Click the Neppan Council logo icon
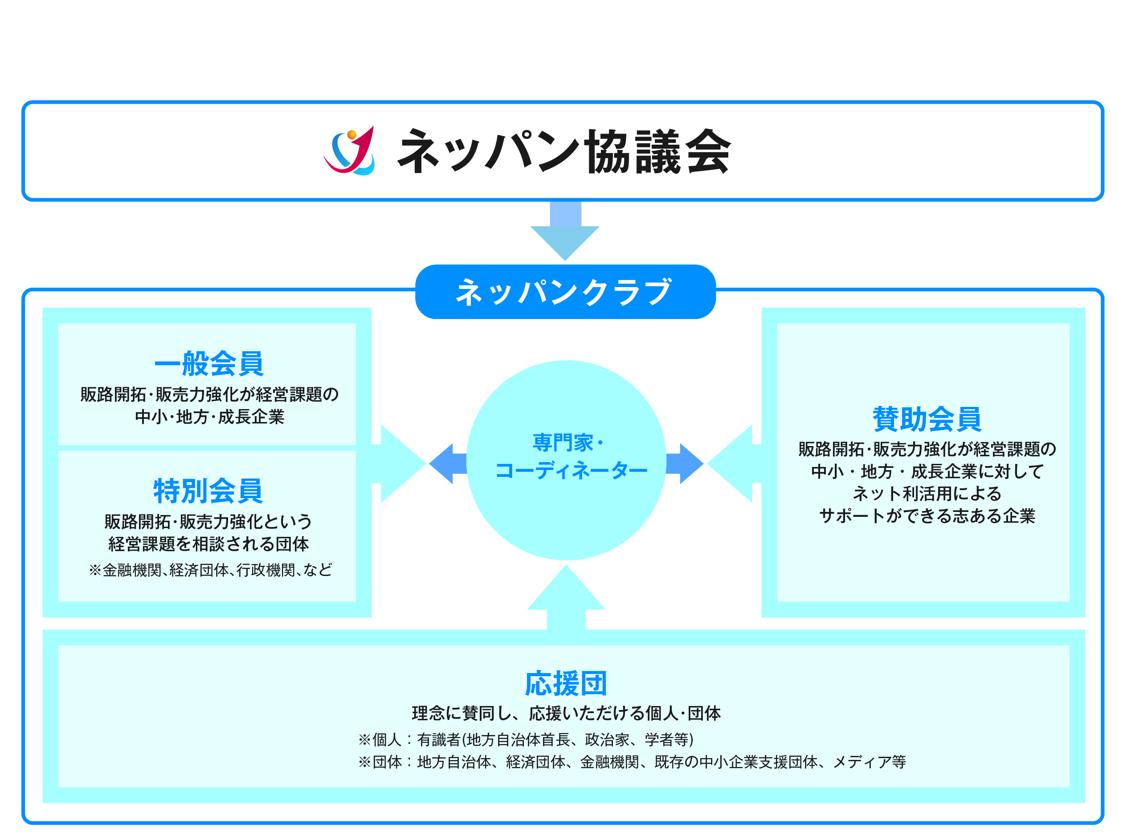coord(349,151)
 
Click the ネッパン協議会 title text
coord(564,151)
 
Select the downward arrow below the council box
coord(565,231)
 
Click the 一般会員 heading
coord(208,363)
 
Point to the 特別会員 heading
coord(208,491)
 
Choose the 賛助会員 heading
coord(927,418)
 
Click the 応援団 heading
coord(566,684)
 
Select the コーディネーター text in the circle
coord(571,471)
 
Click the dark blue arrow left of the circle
coord(448,463)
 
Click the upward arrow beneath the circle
coord(566,597)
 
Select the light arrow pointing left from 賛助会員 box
coord(734,463)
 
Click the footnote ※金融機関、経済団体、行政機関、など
coord(211,570)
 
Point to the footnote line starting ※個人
coord(526,739)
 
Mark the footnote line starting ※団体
coord(632,762)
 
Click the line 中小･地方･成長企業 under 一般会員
coord(210,417)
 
